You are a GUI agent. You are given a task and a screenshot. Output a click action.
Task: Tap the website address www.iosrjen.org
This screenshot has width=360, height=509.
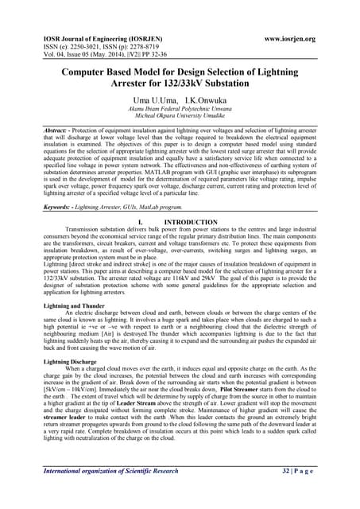point(289,38)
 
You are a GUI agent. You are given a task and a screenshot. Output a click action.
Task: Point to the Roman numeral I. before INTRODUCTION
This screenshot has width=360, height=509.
point(140,222)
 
